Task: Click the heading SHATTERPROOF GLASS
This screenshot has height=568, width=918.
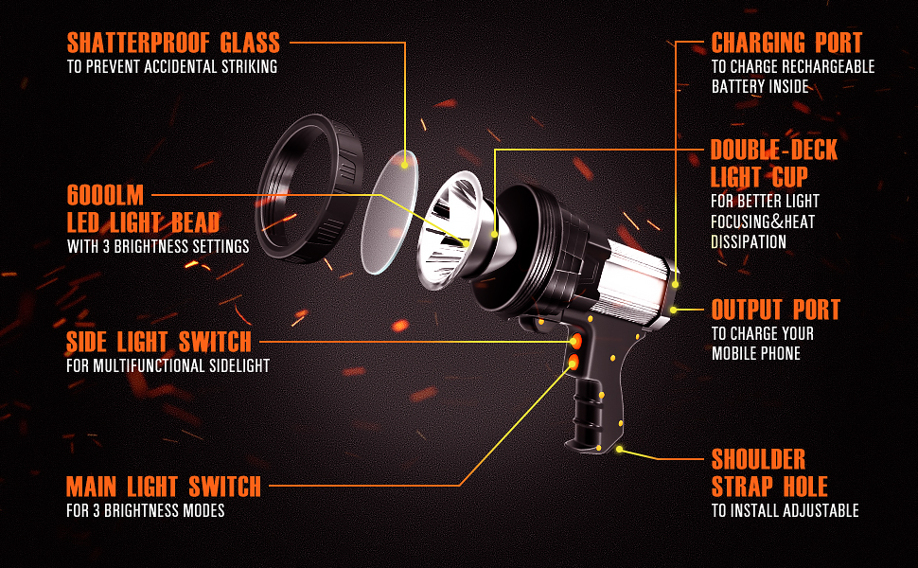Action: click(173, 43)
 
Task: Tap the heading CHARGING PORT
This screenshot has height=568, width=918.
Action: click(786, 43)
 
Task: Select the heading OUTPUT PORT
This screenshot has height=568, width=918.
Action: click(775, 310)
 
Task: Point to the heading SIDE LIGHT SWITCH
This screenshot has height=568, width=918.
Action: click(159, 342)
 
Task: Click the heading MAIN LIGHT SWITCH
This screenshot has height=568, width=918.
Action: click(164, 487)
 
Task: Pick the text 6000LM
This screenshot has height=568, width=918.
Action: click(105, 196)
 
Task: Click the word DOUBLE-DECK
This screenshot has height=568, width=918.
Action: click(774, 151)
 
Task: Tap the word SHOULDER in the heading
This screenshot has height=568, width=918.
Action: click(758, 460)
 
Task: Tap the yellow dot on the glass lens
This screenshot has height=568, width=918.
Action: click(405, 164)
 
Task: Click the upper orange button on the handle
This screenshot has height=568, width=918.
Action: click(574, 341)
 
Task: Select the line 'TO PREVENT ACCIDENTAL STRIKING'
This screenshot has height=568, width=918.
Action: click(171, 67)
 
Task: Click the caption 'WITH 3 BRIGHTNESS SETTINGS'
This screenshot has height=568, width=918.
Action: click(158, 247)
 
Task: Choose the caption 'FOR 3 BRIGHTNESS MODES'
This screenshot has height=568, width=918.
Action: click(146, 511)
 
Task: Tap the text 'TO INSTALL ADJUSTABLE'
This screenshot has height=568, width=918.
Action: click(785, 511)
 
